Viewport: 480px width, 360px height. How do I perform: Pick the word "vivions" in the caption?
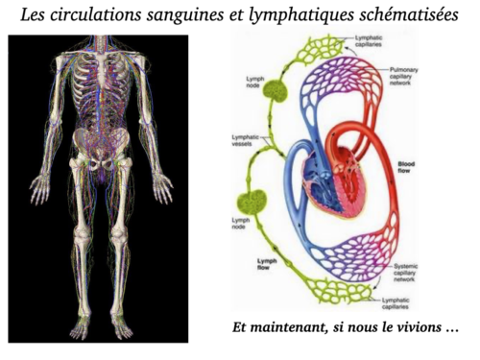[x=419, y=327]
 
